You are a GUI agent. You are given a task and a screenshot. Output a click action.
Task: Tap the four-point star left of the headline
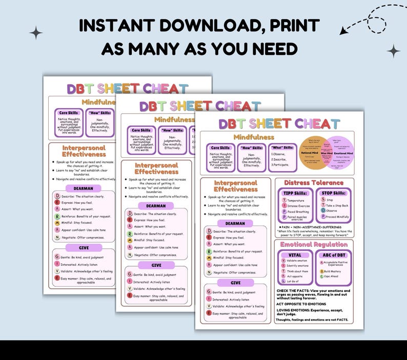pos(36,33)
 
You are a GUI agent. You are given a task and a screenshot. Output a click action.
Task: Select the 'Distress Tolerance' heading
pos(314,183)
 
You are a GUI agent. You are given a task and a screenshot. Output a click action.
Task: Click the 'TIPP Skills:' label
pos(294,193)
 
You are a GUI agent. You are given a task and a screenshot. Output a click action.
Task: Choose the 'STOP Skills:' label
pos(333,193)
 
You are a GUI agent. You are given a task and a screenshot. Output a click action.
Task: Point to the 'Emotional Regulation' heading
pos(314,244)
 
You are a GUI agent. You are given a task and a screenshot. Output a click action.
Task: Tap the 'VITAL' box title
pos(295,255)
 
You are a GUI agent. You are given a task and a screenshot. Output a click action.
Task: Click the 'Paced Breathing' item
pos(298,211)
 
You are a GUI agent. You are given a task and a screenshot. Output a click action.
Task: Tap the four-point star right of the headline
pos(394,51)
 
